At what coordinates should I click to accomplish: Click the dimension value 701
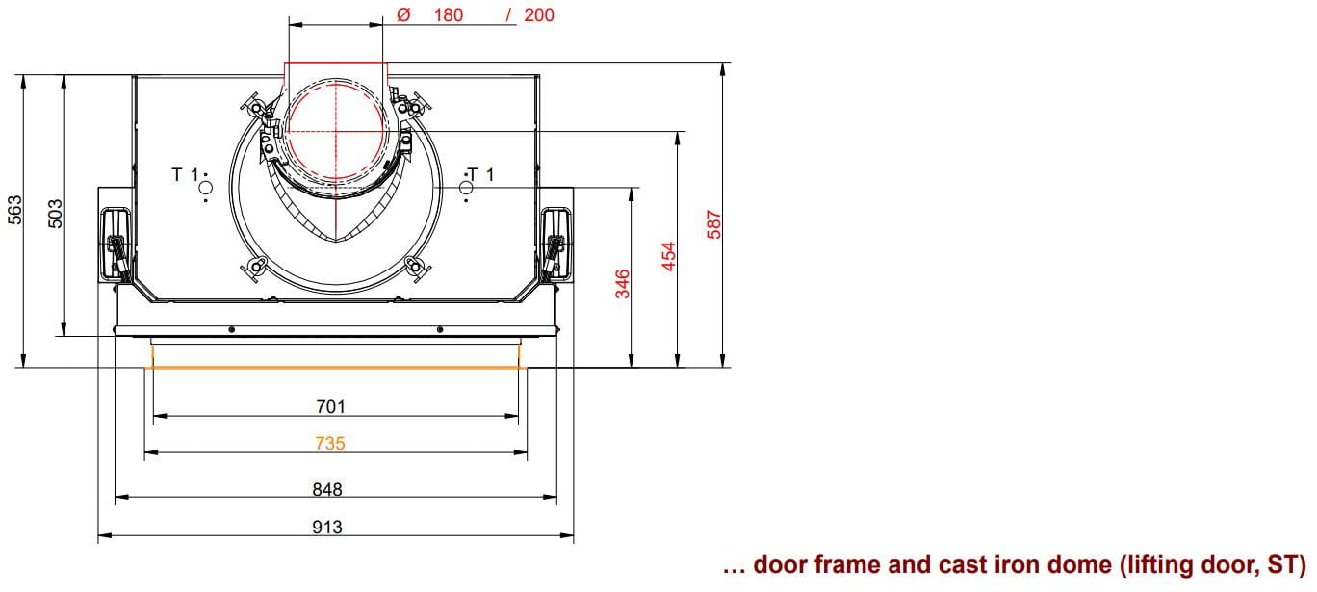click(x=330, y=407)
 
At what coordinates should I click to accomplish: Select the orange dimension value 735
click(x=330, y=443)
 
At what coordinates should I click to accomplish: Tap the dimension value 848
click(x=327, y=489)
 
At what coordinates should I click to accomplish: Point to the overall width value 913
click(x=327, y=527)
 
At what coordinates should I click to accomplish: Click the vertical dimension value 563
click(x=14, y=210)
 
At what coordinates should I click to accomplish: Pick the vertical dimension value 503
click(x=55, y=214)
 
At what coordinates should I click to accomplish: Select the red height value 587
click(x=713, y=224)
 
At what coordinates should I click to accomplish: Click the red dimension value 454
click(x=668, y=256)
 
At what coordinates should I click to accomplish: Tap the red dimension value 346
click(x=622, y=284)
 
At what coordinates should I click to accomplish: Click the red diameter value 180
click(x=448, y=14)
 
